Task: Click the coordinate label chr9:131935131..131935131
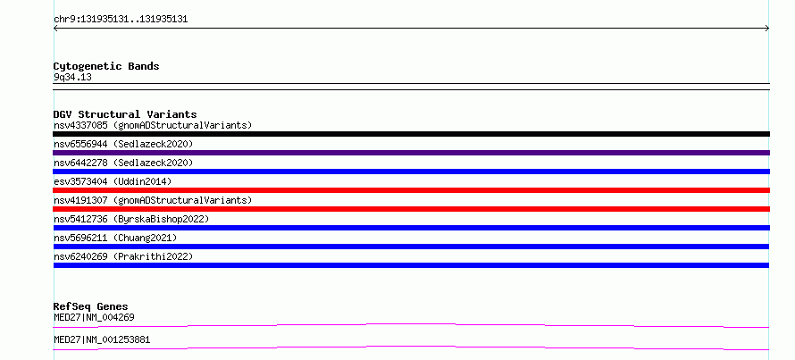(x=121, y=20)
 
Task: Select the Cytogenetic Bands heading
(x=106, y=66)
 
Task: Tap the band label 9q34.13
(x=72, y=78)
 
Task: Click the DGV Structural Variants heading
(x=125, y=114)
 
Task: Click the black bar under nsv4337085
(x=411, y=134)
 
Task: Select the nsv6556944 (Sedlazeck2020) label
(x=123, y=144)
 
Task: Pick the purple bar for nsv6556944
(x=411, y=153)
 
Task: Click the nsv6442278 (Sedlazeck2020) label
(x=123, y=163)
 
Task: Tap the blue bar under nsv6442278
(x=411, y=172)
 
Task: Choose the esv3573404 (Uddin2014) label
(x=113, y=181)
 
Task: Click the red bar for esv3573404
(x=411, y=190)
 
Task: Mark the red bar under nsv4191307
(x=411, y=209)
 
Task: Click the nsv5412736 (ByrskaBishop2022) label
(x=131, y=219)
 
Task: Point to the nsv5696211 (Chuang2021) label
(x=115, y=238)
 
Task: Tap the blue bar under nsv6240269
(x=411, y=265)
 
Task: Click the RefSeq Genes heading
(x=90, y=306)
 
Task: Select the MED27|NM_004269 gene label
(x=94, y=317)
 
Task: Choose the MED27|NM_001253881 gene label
(x=102, y=339)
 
